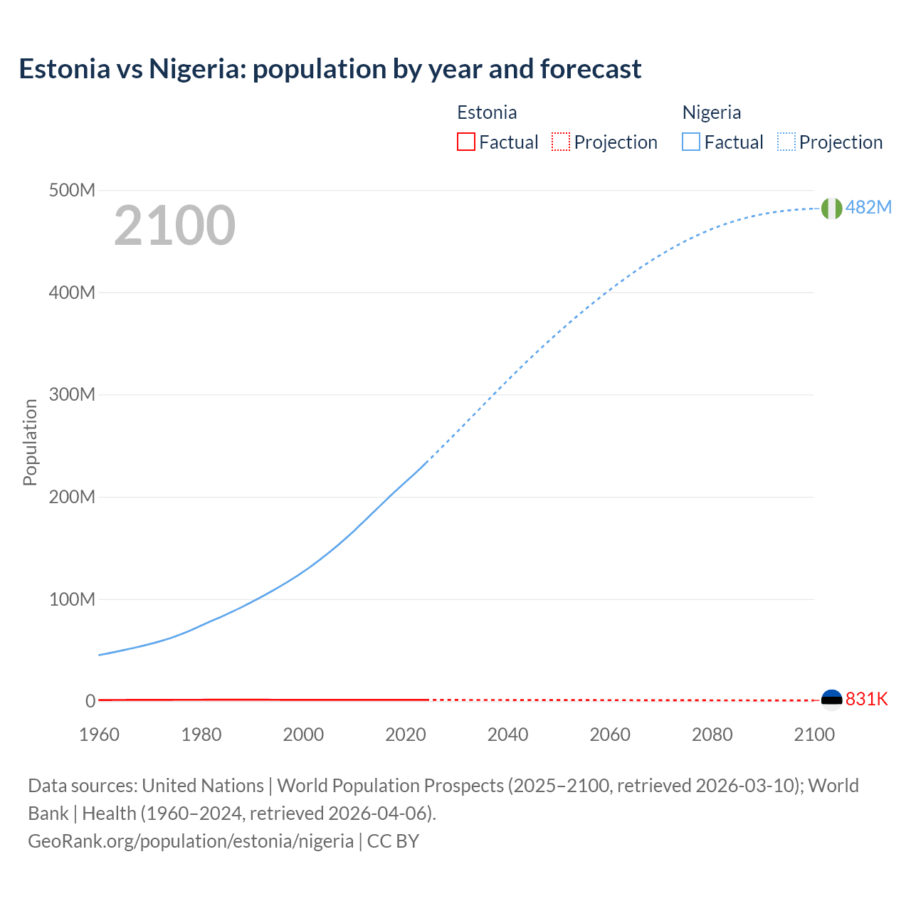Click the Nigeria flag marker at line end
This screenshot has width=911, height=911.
coord(831,208)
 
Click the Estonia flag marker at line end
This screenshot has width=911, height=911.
coord(831,700)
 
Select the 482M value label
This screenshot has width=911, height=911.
coord(868,207)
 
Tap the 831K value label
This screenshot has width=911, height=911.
coord(867,699)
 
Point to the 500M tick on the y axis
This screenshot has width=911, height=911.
coord(71,190)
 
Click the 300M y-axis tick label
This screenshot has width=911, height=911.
coord(71,394)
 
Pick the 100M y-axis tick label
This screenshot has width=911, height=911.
coord(71,599)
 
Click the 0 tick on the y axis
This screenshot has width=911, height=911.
coord(90,701)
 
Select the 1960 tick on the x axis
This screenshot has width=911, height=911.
coord(99,734)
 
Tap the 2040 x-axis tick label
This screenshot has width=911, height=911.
coord(507,734)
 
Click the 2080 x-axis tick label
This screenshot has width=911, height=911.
coord(712,734)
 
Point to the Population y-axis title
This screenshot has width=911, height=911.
coord(30,442)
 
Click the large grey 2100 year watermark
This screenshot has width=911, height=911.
coord(174,226)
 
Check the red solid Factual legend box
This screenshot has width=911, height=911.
coord(465,142)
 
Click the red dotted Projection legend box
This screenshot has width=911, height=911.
coord(561,142)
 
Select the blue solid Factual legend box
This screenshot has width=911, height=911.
coord(691,142)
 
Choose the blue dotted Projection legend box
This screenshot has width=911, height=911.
coord(786,142)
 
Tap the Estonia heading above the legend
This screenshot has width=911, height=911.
coord(487,112)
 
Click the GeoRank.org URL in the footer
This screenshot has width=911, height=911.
coord(191,841)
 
